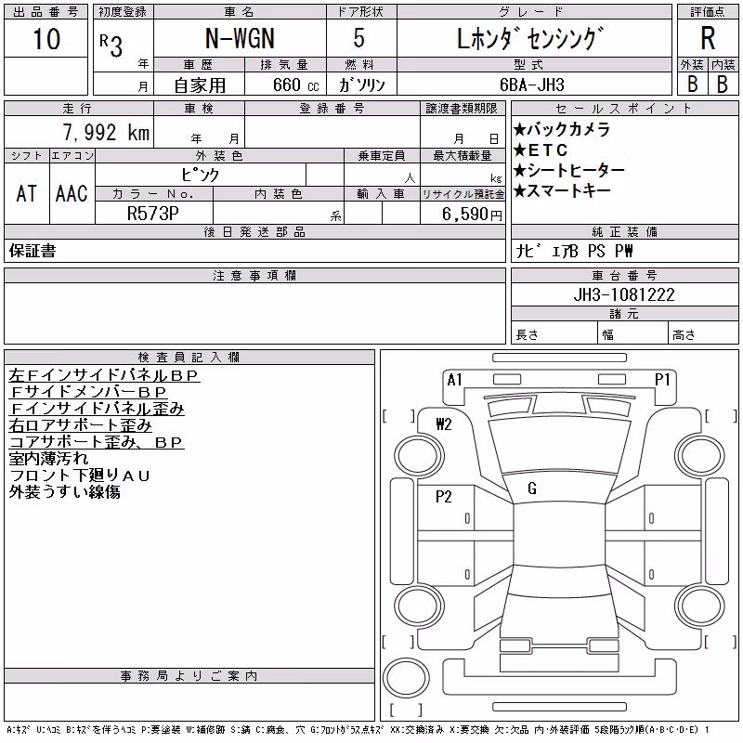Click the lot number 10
(46, 38)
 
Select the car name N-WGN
(240, 38)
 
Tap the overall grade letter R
(708, 38)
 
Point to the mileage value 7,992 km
(106, 132)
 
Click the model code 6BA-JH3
(531, 85)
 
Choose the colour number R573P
(153, 214)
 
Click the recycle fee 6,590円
(472, 215)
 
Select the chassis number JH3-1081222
(624, 294)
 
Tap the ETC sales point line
(541, 150)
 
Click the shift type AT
(27, 193)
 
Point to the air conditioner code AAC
(72, 193)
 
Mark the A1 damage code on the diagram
(454, 380)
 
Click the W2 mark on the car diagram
(444, 424)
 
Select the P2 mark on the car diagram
(444, 497)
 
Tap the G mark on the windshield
(532, 489)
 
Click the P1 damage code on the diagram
(662, 380)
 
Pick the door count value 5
(359, 38)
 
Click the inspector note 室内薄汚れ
(48, 458)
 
